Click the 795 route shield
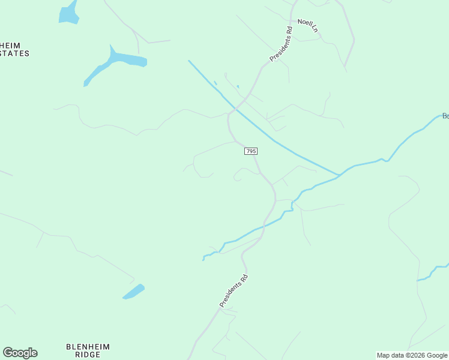(251, 151)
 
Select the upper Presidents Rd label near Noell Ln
(281, 44)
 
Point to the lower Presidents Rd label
(234, 291)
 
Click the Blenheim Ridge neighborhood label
(88, 350)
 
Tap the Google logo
(20, 353)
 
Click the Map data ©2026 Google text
(412, 355)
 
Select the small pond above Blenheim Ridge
(133, 292)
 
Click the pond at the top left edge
(69, 13)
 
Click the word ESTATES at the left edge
(14, 53)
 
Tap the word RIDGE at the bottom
(88, 355)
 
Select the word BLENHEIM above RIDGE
(88, 347)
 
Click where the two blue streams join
(339, 175)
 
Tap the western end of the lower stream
(204, 259)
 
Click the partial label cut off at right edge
(445, 116)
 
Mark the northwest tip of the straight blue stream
(190, 61)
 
